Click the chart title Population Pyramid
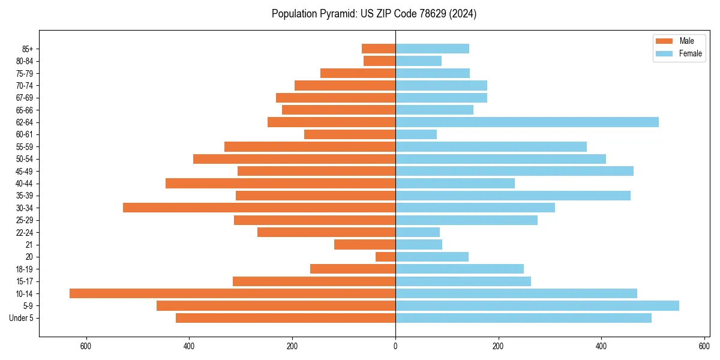pyautogui.click(x=374, y=14)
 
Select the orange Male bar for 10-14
pyautogui.click(x=232, y=293)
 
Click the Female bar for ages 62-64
pyautogui.click(x=527, y=122)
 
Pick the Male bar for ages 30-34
pyautogui.click(x=259, y=208)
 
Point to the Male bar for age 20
pyautogui.click(x=385, y=257)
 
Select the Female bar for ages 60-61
pyautogui.click(x=416, y=134)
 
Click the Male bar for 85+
pyautogui.click(x=379, y=49)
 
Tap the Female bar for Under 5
pyautogui.click(x=523, y=318)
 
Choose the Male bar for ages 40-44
pyautogui.click(x=280, y=183)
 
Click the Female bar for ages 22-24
pyautogui.click(x=418, y=232)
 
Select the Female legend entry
pyautogui.click(x=678, y=53)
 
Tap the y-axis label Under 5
pyautogui.click(x=22, y=318)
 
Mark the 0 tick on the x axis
pyautogui.click(x=395, y=346)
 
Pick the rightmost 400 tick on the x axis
pyautogui.click(x=601, y=346)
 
